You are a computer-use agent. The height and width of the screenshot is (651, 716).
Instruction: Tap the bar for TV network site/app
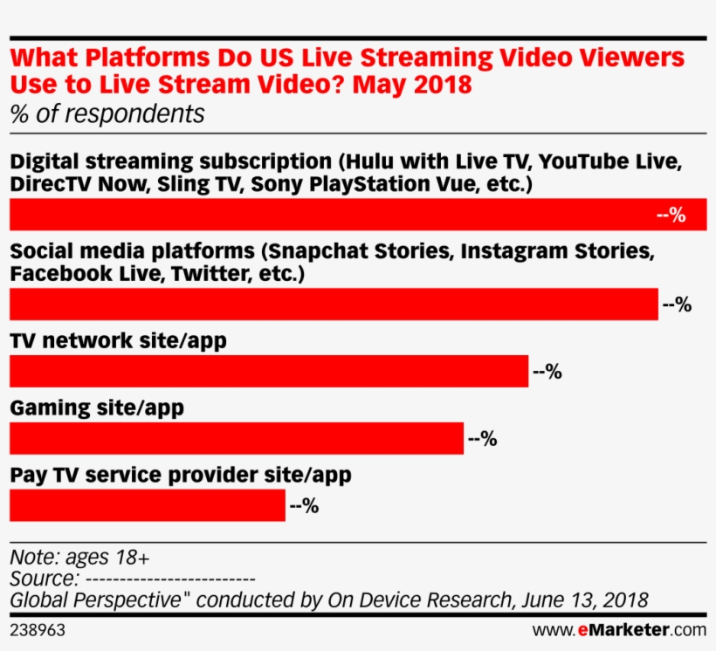(269, 372)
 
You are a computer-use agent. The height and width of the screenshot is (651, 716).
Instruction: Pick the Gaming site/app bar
(236, 439)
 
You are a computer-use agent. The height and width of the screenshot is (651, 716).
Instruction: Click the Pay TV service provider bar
(147, 505)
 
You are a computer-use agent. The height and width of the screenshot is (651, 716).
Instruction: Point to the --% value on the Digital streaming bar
(671, 216)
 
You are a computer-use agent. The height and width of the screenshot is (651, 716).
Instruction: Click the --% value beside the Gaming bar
(482, 439)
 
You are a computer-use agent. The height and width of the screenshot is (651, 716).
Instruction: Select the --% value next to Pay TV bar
(304, 505)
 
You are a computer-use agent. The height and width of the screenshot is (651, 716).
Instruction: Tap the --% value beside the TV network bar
(547, 372)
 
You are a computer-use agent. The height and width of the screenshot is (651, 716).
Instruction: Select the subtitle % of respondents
(107, 114)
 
